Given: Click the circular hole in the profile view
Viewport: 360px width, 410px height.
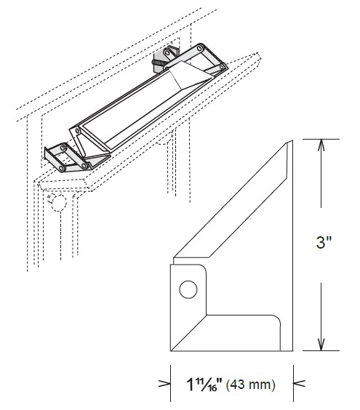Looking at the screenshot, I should pos(188,291).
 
